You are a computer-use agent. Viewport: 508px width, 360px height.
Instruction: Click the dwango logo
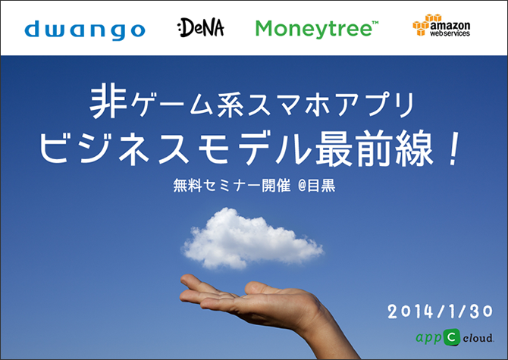pyautogui.click(x=85, y=30)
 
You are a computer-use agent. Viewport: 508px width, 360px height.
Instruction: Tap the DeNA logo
pyautogui.click(x=201, y=27)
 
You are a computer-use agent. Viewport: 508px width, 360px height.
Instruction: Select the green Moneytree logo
pyautogui.click(x=317, y=29)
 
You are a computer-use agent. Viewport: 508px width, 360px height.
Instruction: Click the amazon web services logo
pyautogui.click(x=441, y=25)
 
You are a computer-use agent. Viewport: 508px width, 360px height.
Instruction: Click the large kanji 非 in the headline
pyautogui.click(x=108, y=101)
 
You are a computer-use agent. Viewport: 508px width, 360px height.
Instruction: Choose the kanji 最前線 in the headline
pyautogui.click(x=375, y=148)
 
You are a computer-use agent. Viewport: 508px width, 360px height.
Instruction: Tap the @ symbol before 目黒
pyautogui.click(x=302, y=186)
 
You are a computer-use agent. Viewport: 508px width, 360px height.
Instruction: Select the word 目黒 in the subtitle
pyautogui.click(x=321, y=186)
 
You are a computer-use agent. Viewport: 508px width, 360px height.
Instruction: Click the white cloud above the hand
pyautogui.click(x=252, y=239)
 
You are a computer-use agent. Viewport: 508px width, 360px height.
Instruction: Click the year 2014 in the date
pyautogui.click(x=410, y=311)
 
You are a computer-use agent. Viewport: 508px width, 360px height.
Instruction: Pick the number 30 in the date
pyautogui.click(x=481, y=311)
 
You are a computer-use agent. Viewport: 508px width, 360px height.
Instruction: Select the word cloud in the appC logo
pyautogui.click(x=478, y=338)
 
